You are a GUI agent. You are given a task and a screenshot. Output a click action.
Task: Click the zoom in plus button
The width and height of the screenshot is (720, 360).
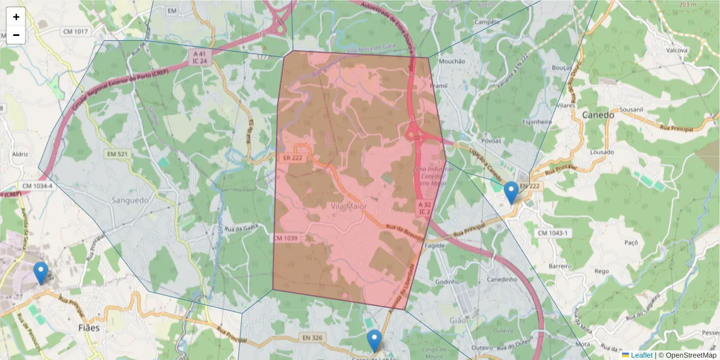(x=16, y=17)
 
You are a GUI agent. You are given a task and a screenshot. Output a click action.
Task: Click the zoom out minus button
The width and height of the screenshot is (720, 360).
(x=16, y=35)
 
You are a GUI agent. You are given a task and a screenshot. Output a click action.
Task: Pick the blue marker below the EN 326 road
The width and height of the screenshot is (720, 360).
(x=374, y=340)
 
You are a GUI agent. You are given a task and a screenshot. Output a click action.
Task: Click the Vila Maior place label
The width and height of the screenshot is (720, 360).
(x=349, y=206)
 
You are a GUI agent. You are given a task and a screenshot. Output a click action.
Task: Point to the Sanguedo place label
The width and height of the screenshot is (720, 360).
(x=130, y=201)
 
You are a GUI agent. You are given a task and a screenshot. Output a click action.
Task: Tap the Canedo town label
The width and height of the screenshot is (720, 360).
(x=598, y=115)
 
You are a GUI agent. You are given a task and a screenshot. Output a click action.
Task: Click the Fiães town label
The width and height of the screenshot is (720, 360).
(x=89, y=328)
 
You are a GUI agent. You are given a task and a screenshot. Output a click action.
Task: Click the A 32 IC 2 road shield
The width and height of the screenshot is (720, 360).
(x=424, y=208)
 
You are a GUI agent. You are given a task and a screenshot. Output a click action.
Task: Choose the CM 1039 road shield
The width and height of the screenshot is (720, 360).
(x=285, y=238)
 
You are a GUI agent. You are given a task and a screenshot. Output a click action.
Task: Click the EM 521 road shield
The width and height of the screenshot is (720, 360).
(x=117, y=154)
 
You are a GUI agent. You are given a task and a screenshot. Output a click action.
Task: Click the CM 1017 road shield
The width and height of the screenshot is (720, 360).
(x=74, y=31)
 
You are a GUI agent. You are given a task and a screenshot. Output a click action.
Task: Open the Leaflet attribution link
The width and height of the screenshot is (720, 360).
(x=637, y=355)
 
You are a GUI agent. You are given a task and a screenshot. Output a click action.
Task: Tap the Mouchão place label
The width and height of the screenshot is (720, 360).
(x=452, y=61)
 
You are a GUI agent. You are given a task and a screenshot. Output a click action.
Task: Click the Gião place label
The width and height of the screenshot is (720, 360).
(x=457, y=321)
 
